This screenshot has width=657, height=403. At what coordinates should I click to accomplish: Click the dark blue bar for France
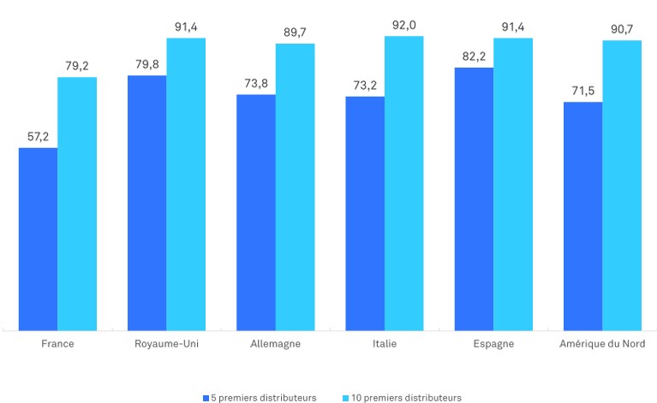[x=38, y=239]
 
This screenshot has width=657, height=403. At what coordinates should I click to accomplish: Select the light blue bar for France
[x=77, y=204]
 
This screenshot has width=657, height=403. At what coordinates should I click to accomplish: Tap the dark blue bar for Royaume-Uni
[x=146, y=203]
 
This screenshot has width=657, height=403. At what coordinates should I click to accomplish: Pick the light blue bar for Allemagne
[x=295, y=187]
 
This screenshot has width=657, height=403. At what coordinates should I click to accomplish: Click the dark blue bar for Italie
[x=365, y=213]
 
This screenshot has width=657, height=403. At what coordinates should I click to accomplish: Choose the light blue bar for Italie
[x=404, y=183]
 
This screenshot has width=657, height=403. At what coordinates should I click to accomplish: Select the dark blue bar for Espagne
[x=474, y=199]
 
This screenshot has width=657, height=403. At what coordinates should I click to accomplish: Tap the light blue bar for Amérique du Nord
[x=622, y=185]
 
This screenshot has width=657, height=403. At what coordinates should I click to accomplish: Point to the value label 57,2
[x=38, y=137]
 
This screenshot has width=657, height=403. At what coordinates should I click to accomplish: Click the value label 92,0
[x=404, y=26]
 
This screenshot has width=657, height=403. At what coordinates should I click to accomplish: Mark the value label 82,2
[x=474, y=57]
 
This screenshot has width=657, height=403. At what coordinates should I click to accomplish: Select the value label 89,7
[x=295, y=33]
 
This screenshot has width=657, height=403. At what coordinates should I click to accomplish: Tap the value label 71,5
[x=582, y=92]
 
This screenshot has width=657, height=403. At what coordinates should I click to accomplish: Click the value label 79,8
[x=146, y=65]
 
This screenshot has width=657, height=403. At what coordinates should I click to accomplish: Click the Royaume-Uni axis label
[x=166, y=344]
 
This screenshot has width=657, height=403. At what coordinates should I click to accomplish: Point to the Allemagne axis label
[x=275, y=344]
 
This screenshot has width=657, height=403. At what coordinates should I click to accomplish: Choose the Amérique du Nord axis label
[x=602, y=344]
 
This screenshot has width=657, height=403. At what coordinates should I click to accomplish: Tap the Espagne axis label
[x=493, y=344]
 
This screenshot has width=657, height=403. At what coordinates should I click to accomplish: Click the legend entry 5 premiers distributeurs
[x=260, y=398]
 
